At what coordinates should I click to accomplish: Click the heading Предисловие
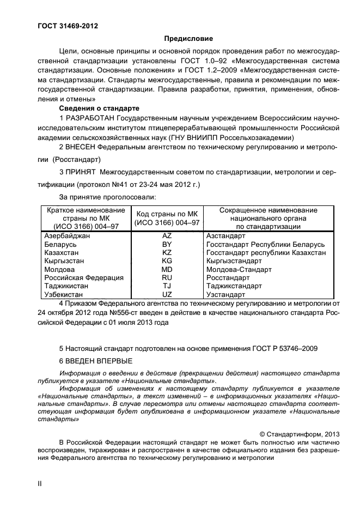point(188,39)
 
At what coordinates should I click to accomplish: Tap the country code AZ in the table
point(167,236)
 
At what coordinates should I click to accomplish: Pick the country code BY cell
point(167,245)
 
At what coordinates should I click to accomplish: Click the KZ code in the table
point(167,253)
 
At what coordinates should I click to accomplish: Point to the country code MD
point(167,270)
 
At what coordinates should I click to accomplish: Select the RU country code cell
point(167,278)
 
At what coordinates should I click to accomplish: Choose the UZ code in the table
point(167,294)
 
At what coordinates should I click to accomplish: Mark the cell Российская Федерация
point(84,278)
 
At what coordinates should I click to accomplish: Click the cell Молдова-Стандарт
point(239,270)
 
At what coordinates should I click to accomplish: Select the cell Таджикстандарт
point(237,286)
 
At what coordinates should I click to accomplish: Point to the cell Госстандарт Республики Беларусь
point(265,245)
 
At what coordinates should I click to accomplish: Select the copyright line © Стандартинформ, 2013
point(300,434)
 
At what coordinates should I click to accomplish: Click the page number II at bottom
point(40,483)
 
